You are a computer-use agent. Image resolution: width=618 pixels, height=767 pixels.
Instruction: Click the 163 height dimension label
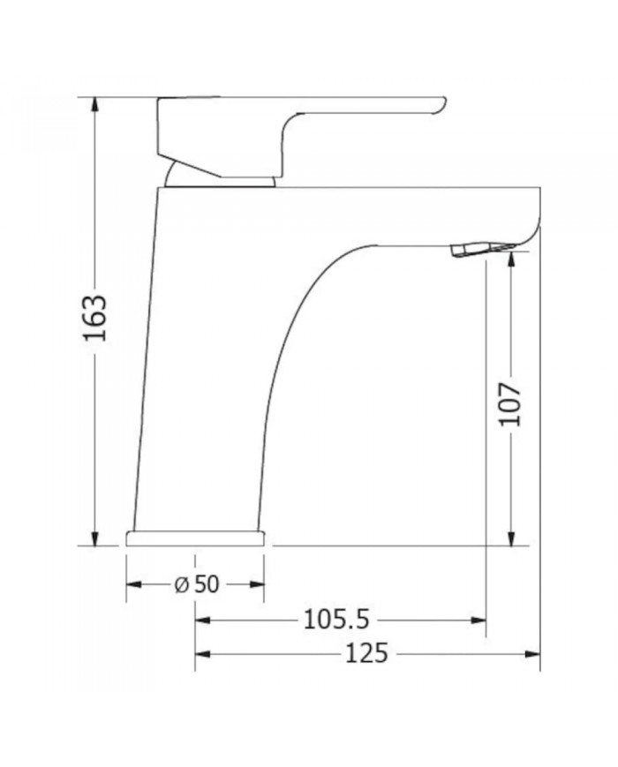[95, 318]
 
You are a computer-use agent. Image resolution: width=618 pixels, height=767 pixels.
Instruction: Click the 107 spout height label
[511, 404]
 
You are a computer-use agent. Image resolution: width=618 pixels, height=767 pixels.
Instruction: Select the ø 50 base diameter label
[197, 583]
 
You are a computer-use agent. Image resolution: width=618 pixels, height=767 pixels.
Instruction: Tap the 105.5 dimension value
[336, 620]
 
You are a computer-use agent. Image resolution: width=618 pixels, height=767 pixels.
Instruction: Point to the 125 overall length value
[366, 653]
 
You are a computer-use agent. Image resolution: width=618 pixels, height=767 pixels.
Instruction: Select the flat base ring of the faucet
[195, 538]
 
